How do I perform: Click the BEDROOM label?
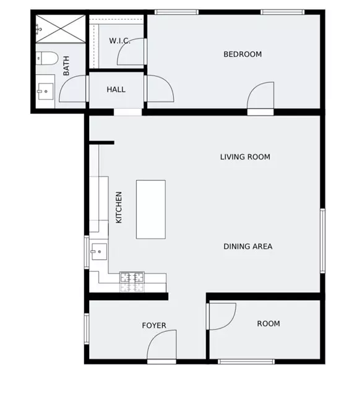pos(242,54)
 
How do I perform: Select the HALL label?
pos(116,90)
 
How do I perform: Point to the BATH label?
pos(67,66)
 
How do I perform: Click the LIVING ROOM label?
pos(245,157)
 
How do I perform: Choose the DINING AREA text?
pos(247,246)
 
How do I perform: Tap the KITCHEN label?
pos(119,207)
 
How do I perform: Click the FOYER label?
pos(154,326)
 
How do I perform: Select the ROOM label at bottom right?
pos(268,324)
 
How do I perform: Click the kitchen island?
pos(150,209)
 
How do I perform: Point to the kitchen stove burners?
pos(132,282)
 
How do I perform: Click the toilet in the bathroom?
pos(46,59)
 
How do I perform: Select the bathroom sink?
pos(44,93)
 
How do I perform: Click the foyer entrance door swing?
pos(162,345)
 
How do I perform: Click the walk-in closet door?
pos(132,52)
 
